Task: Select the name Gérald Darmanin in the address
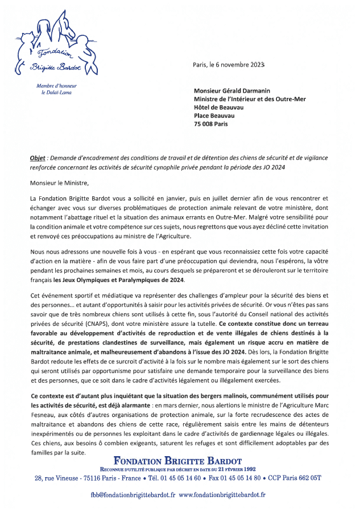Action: (x=250, y=90)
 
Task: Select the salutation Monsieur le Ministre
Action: (x=60, y=183)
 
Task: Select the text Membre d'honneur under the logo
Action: (x=56, y=86)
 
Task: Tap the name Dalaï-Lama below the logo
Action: (x=60, y=92)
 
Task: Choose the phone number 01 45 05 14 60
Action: (x=173, y=478)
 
